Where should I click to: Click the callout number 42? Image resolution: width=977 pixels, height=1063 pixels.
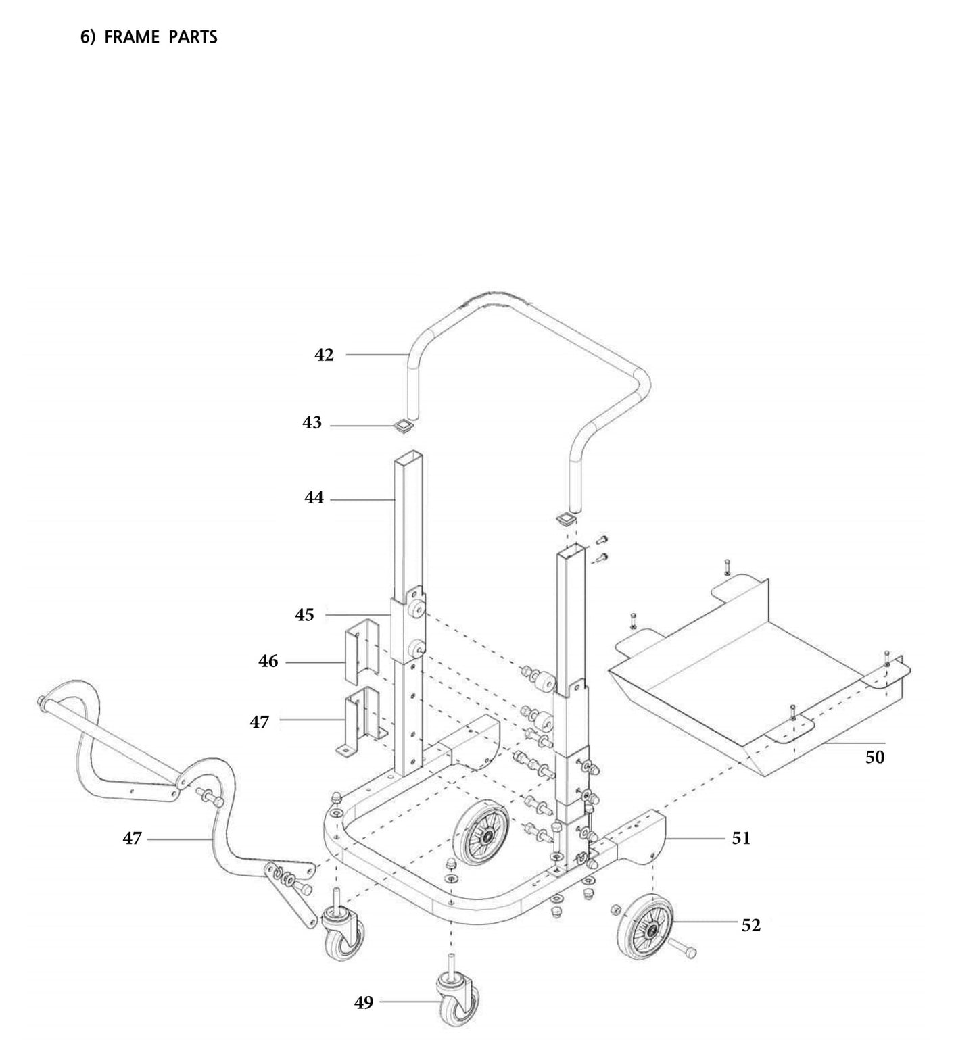tap(324, 355)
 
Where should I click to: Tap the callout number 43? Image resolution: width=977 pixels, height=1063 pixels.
tap(312, 423)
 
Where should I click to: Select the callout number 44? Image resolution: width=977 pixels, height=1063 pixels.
tap(314, 499)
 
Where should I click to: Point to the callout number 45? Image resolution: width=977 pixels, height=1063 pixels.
tap(304, 615)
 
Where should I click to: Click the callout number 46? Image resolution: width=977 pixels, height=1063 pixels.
tap(268, 661)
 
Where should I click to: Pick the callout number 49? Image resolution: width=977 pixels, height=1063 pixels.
tap(364, 1003)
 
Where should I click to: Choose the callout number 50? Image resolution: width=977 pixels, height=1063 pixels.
tap(875, 758)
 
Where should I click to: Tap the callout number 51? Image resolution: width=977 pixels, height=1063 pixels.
tap(741, 839)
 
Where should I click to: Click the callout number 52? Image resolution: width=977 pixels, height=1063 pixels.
tap(750, 925)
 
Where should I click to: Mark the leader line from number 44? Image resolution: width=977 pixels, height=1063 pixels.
tap(362, 499)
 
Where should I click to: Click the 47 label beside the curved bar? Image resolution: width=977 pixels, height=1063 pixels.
tap(132, 839)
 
